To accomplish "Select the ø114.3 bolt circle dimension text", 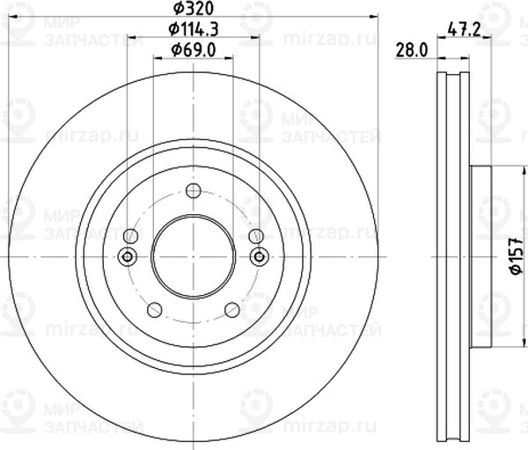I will [194, 30].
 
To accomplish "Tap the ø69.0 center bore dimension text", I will [194, 50].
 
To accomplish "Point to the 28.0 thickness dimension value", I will [413, 51].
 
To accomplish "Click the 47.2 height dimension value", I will [463, 28].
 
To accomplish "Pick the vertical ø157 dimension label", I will [517, 259].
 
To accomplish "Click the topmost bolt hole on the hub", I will [194, 190].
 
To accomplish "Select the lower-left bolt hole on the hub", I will [155, 309].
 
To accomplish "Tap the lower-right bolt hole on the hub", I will [232, 309].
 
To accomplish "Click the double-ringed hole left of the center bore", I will [128, 256].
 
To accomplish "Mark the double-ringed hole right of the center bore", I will [259, 256].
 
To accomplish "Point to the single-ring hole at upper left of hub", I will [131, 236].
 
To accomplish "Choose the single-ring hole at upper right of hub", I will [256, 236].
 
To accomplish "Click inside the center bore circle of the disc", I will [194, 256].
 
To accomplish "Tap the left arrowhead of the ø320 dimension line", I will [12, 16].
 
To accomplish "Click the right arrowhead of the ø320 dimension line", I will [374, 16].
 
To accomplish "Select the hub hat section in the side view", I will [481, 256].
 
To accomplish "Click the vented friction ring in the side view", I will [454, 256].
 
